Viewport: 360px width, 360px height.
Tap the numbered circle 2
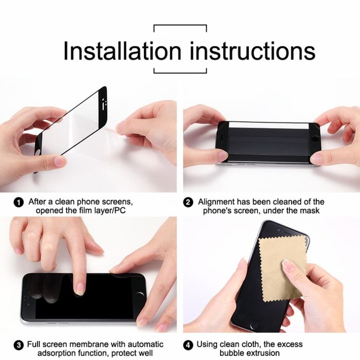coord(188,203)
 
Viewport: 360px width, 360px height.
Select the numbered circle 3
coord(19,345)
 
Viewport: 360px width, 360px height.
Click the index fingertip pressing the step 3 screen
coord(80,289)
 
